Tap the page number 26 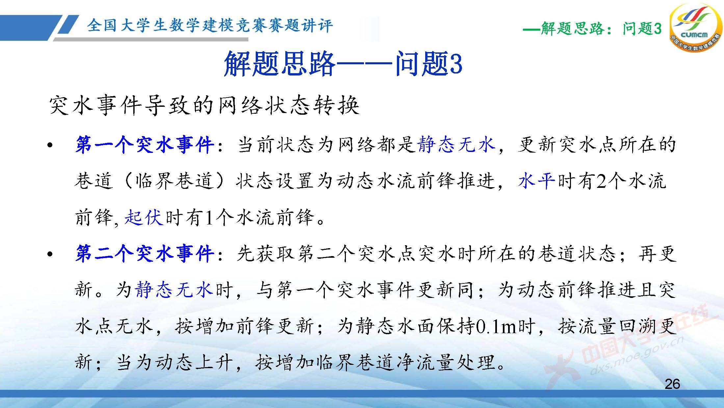click(672, 384)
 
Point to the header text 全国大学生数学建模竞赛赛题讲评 click(210, 25)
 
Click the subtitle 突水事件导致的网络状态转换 click(204, 106)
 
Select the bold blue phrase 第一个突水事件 click(145, 145)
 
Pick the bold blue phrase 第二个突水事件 click(145, 254)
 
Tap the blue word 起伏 click(144, 218)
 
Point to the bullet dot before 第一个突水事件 click(50, 145)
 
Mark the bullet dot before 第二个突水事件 click(50, 254)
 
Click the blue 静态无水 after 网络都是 click(456, 145)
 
